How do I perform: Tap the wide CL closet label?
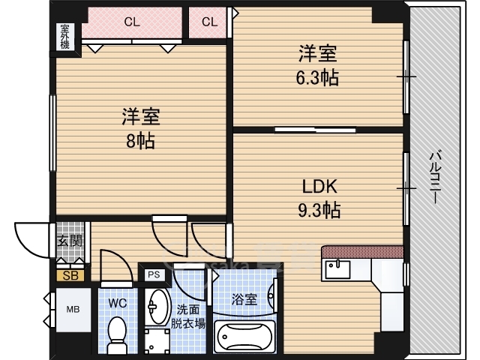click(132, 22)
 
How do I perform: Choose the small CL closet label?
click(209, 22)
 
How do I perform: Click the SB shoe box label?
click(70, 275)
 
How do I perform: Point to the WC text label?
click(117, 304)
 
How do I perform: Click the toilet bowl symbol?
click(117, 334)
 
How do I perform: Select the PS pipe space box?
click(154, 275)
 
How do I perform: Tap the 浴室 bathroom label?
click(244, 299)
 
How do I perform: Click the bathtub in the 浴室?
click(244, 337)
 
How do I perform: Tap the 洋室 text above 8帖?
click(140, 117)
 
